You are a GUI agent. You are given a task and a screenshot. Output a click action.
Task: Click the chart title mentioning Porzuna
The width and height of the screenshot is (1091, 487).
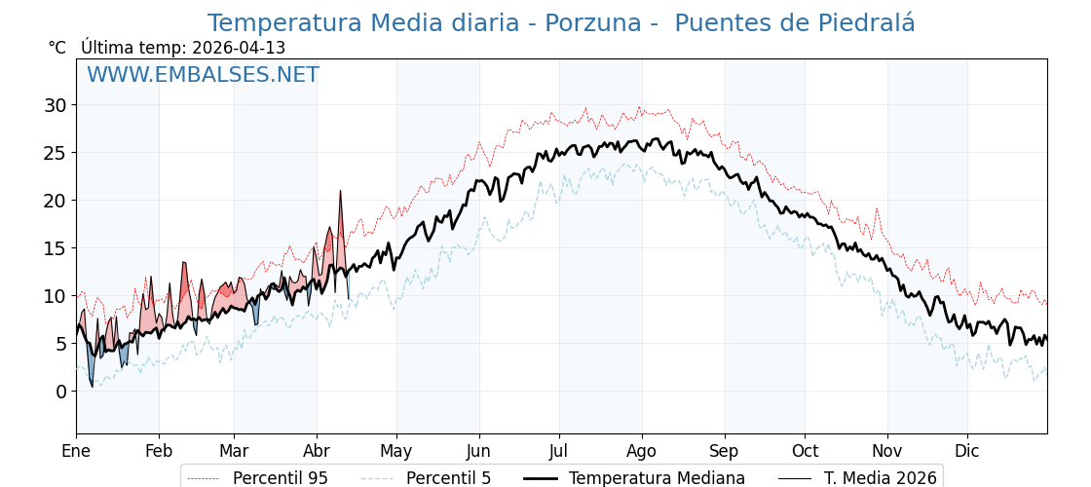pyautogui.click(x=561, y=23)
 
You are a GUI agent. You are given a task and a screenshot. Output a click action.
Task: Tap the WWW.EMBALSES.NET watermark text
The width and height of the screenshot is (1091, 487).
pyautogui.click(x=203, y=75)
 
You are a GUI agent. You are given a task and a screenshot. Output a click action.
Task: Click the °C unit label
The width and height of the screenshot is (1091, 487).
pyautogui.click(x=57, y=48)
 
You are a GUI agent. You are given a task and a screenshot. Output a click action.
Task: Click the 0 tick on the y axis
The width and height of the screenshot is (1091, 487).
pyautogui.click(x=60, y=392)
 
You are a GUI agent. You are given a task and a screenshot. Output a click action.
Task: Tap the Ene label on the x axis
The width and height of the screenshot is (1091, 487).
pyautogui.click(x=76, y=451)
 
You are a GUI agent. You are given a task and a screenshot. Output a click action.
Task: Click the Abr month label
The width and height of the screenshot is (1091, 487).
pyautogui.click(x=317, y=451)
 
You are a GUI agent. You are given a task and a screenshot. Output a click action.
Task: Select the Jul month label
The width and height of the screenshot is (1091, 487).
pyautogui.click(x=559, y=451)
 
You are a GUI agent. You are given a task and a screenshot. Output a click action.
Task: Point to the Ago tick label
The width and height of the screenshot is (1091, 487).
pyautogui.click(x=642, y=451)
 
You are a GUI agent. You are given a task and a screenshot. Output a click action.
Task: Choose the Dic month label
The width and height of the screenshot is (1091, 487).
pyautogui.click(x=967, y=451)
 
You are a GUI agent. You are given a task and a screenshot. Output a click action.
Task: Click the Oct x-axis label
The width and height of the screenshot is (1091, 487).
pyautogui.click(x=805, y=451)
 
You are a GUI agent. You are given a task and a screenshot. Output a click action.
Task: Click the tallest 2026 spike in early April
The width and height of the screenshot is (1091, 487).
pyautogui.click(x=341, y=192)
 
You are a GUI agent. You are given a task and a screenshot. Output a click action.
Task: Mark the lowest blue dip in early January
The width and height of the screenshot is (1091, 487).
pyautogui.click(x=93, y=386)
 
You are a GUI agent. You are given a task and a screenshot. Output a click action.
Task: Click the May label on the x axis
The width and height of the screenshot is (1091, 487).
pyautogui.click(x=396, y=451)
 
